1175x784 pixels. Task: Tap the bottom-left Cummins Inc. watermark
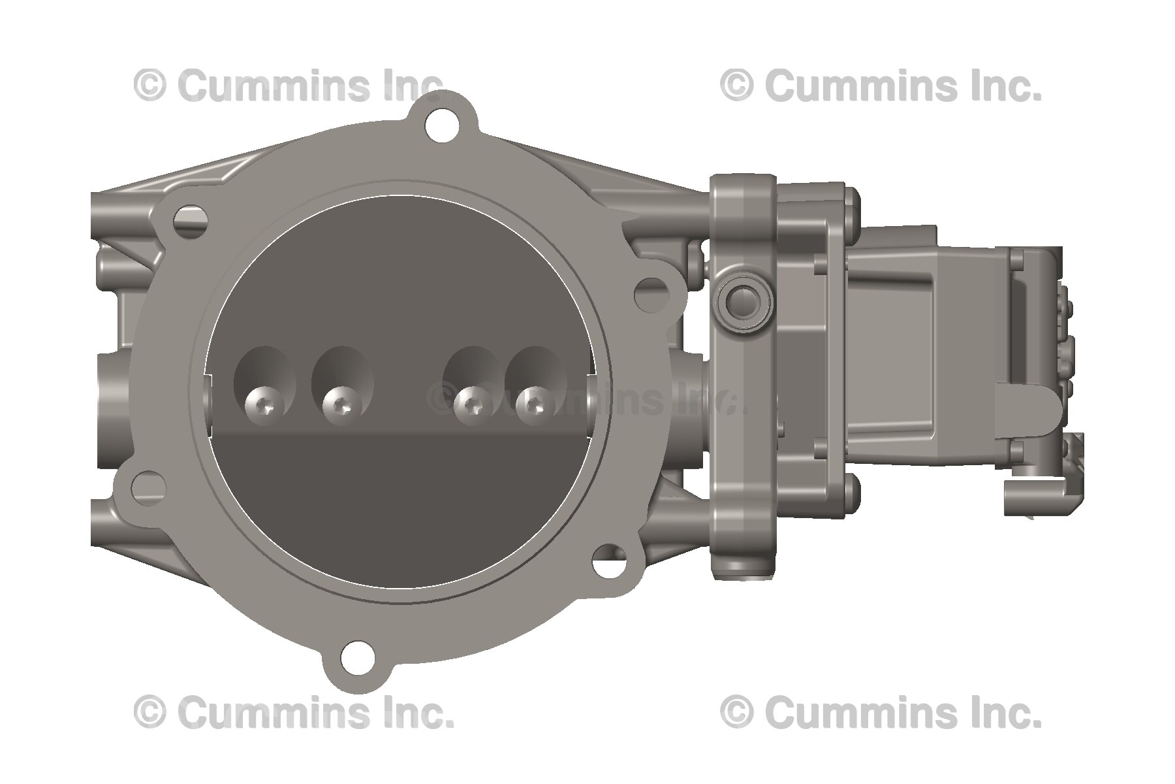point(294,711)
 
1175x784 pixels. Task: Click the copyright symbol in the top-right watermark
point(737,86)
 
